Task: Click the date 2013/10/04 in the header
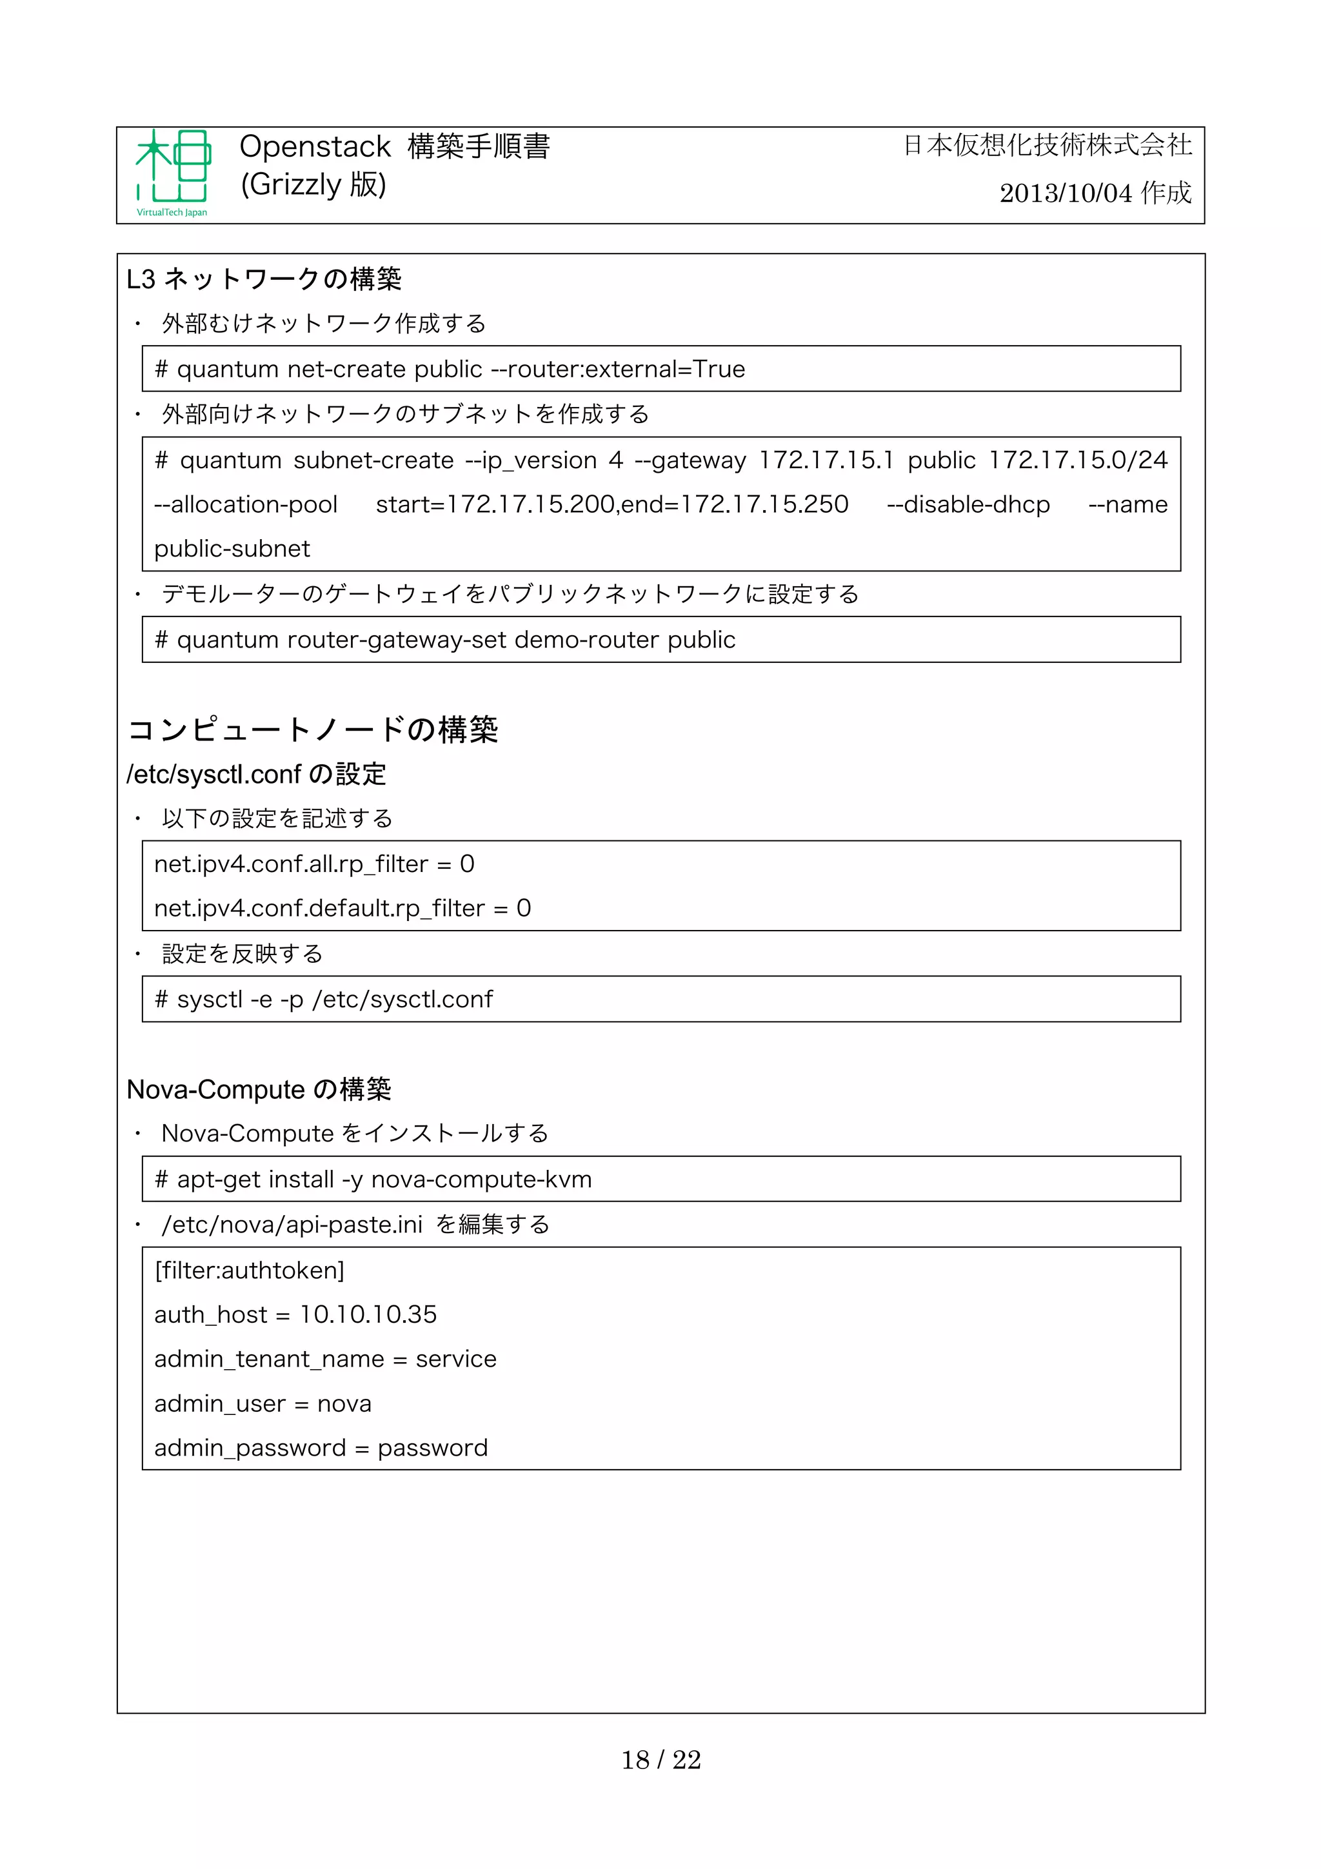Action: pyautogui.click(x=1066, y=193)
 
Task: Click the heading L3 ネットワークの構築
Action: pyautogui.click(x=264, y=279)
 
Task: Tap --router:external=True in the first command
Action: pyautogui.click(x=618, y=370)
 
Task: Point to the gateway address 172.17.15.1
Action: pyautogui.click(x=826, y=460)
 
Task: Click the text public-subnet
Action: pyautogui.click(x=232, y=549)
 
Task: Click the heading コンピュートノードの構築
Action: pyautogui.click(x=313, y=729)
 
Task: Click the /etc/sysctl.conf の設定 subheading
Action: pyautogui.click(x=255, y=774)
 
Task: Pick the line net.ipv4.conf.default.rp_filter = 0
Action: pyautogui.click(x=342, y=909)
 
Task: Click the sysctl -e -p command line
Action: pyautogui.click(x=324, y=1000)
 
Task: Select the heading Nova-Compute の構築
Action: pyautogui.click(x=259, y=1089)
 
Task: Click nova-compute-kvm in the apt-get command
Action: pyautogui.click(x=481, y=1180)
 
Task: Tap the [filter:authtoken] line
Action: pyautogui.click(x=249, y=1271)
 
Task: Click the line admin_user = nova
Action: pyautogui.click(x=263, y=1404)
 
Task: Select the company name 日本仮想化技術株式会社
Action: pyautogui.click(x=1048, y=146)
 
